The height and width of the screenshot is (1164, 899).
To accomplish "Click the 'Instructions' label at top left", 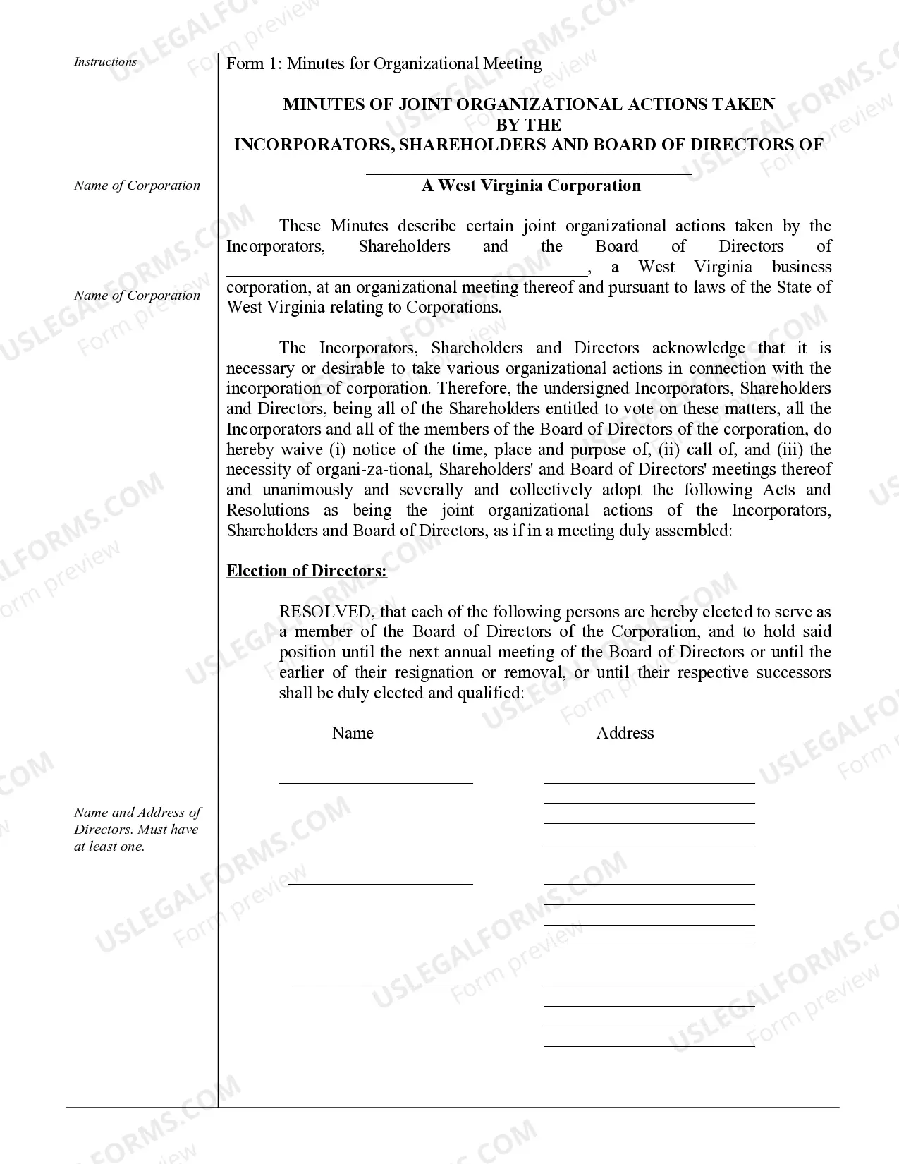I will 105,62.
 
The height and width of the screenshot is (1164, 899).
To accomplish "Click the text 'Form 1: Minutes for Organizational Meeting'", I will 384,64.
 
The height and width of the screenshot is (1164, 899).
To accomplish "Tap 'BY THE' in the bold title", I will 529,125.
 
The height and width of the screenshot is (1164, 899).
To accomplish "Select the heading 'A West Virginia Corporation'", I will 531,186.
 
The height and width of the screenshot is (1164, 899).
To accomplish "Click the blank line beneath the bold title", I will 529,172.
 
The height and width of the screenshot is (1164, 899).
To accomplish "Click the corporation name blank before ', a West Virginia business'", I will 405,272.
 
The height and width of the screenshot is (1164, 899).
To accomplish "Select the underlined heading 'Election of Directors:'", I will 307,571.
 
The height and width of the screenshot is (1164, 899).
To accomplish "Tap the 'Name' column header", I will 353,733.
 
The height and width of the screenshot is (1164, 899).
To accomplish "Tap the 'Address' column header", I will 625,733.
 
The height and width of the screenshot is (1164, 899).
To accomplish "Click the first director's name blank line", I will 376,782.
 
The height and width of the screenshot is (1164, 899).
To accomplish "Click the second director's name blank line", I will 380,883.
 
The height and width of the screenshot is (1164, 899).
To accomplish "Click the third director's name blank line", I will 384,984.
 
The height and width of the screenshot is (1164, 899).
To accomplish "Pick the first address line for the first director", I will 649,782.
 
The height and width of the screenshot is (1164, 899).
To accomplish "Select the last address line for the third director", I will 649,1045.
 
